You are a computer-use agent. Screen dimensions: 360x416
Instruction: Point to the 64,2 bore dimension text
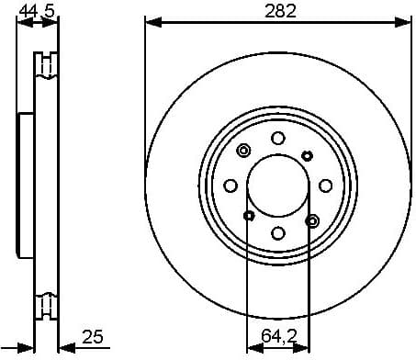[x=277, y=336]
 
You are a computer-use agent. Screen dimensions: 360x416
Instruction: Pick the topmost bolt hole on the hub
[x=277, y=138]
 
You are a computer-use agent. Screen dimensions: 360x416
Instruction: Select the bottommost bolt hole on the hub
[x=277, y=233]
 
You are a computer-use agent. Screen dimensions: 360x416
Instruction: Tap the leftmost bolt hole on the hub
[x=230, y=186]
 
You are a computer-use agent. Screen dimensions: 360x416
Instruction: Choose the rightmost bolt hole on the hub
[x=325, y=186]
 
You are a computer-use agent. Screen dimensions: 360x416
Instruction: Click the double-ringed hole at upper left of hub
[x=243, y=151]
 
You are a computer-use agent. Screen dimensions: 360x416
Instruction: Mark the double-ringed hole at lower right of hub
[x=311, y=220]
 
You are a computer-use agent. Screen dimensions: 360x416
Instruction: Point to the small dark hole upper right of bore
[x=306, y=156]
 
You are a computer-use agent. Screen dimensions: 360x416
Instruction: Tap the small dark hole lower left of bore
[x=248, y=216]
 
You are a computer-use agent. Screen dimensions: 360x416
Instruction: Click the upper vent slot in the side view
[x=44, y=65]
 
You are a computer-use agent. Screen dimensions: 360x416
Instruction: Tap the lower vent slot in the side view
[x=44, y=303]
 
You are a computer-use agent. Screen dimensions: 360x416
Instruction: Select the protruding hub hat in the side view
[x=26, y=184]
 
